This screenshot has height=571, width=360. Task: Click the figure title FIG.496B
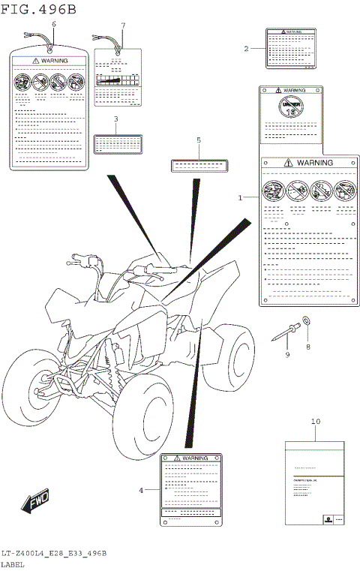pyautogui.click(x=39, y=9)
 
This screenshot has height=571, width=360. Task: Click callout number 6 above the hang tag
pyautogui.click(x=53, y=25)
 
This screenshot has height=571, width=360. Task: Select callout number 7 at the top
pyautogui.click(x=123, y=25)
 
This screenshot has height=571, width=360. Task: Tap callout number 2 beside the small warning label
pyautogui.click(x=246, y=49)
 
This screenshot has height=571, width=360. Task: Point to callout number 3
pyautogui.click(x=115, y=119)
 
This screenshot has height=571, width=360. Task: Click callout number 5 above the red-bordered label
pyautogui.click(x=199, y=140)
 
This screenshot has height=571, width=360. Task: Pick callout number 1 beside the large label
pyautogui.click(x=241, y=198)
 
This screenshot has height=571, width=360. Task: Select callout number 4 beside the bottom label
pyautogui.click(x=140, y=490)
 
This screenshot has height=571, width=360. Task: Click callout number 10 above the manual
pyautogui.click(x=315, y=422)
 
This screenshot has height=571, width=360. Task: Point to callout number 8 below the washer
pyautogui.click(x=306, y=347)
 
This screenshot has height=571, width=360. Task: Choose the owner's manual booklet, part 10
pyautogui.click(x=314, y=482)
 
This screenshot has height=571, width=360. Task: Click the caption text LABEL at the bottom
pyautogui.click(x=13, y=563)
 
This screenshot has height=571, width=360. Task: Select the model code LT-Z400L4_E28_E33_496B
pyautogui.click(x=53, y=552)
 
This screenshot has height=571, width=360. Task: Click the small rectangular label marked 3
pyautogui.click(x=116, y=143)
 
